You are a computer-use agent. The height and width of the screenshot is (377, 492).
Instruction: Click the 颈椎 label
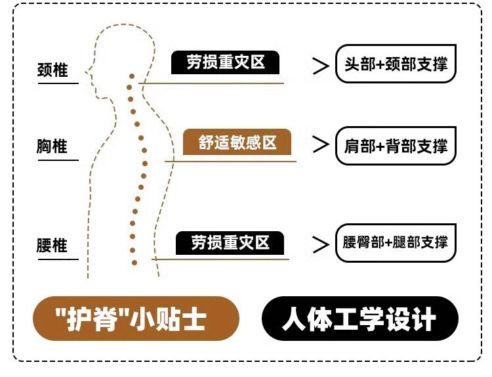pos(52,70)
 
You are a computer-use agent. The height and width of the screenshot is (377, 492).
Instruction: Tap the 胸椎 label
pos(52,145)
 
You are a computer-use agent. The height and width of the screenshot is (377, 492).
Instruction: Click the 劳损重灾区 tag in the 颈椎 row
pos(225,62)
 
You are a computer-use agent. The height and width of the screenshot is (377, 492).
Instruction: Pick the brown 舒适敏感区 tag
pos(237,142)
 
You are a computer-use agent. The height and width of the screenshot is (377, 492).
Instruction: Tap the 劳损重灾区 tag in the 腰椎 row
pos(230,242)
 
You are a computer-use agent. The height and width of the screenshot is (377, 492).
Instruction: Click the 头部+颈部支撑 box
pos(396,64)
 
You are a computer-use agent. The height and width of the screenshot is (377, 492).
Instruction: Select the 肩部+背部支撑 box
pos(396,146)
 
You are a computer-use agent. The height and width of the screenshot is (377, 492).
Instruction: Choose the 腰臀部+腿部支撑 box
pos(396,243)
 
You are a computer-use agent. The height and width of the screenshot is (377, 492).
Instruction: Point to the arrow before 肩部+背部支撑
pos(320,145)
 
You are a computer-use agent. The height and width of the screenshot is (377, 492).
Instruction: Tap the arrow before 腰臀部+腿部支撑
pos(320,244)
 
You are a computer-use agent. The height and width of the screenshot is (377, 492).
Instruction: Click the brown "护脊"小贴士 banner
pos(134,319)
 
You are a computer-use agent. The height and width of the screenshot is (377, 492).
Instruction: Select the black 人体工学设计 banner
pos(359,319)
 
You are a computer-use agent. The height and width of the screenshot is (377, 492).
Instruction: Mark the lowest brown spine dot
pos(134,263)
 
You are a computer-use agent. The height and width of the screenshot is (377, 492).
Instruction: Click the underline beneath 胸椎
pos(57,160)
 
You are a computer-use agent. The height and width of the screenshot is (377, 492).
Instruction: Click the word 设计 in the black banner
pos(417,320)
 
